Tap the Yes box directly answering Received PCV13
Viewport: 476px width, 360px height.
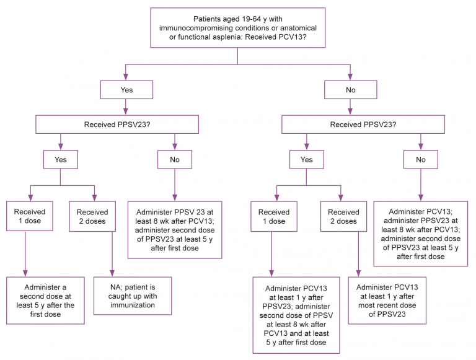pos(126,89)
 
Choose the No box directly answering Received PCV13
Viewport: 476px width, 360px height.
pos(351,89)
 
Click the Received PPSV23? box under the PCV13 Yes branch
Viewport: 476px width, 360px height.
pos(117,124)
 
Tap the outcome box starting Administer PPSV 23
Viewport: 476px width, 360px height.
pos(174,229)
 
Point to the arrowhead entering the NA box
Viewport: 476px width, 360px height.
pos(112,273)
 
